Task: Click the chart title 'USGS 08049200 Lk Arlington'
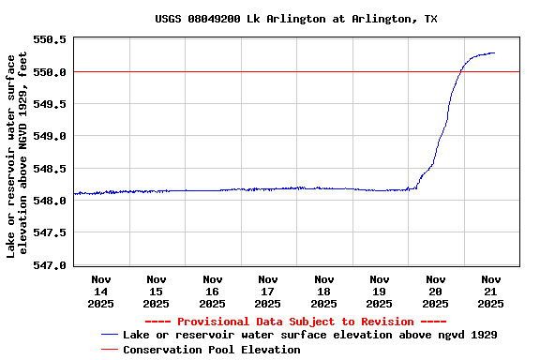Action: pyautogui.click(x=295, y=19)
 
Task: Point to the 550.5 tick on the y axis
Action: pyautogui.click(x=51, y=39)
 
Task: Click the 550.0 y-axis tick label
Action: pyautogui.click(x=51, y=72)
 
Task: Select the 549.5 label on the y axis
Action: pyautogui.click(x=51, y=104)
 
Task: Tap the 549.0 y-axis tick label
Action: pyautogui.click(x=51, y=136)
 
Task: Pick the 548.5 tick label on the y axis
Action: pyautogui.click(x=51, y=169)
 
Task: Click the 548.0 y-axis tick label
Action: pyautogui.click(x=51, y=201)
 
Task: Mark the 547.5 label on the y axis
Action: pyautogui.click(x=51, y=232)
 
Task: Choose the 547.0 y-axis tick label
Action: pyautogui.click(x=51, y=265)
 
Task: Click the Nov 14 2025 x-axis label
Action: pyautogui.click(x=101, y=291)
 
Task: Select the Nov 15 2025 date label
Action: pyautogui.click(x=157, y=291)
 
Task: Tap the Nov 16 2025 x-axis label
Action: pyautogui.click(x=213, y=291)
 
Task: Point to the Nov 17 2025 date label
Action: pyautogui.click(x=268, y=291)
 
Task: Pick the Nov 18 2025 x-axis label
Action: pyautogui.click(x=323, y=291)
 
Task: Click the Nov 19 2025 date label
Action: pyautogui.click(x=380, y=291)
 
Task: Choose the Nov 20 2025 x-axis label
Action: pyautogui.click(x=435, y=291)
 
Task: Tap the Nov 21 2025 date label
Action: pyautogui.click(x=491, y=291)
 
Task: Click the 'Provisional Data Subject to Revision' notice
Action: pyautogui.click(x=295, y=322)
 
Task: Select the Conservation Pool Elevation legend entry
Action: pyautogui.click(x=211, y=350)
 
